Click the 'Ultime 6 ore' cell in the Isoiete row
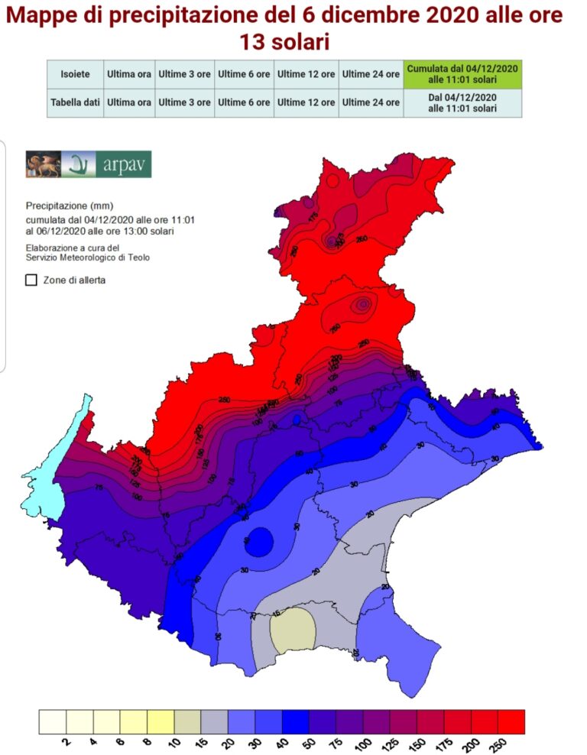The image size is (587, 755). click(x=244, y=74)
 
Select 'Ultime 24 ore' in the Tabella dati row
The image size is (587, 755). click(x=371, y=102)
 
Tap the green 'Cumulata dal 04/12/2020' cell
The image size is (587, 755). click(x=462, y=74)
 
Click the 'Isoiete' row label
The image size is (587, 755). click(x=75, y=74)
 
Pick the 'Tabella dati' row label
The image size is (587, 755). click(x=75, y=102)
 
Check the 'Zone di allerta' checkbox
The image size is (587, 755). click(x=31, y=280)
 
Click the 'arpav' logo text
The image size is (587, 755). click(x=124, y=164)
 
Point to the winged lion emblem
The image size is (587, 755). click(x=43, y=164)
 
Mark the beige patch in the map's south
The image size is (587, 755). click(x=293, y=630)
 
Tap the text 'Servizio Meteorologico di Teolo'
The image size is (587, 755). click(x=87, y=258)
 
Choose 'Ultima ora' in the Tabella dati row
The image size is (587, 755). click(x=128, y=102)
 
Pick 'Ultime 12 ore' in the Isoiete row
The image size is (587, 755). click(x=306, y=74)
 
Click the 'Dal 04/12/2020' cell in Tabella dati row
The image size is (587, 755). click(x=462, y=102)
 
